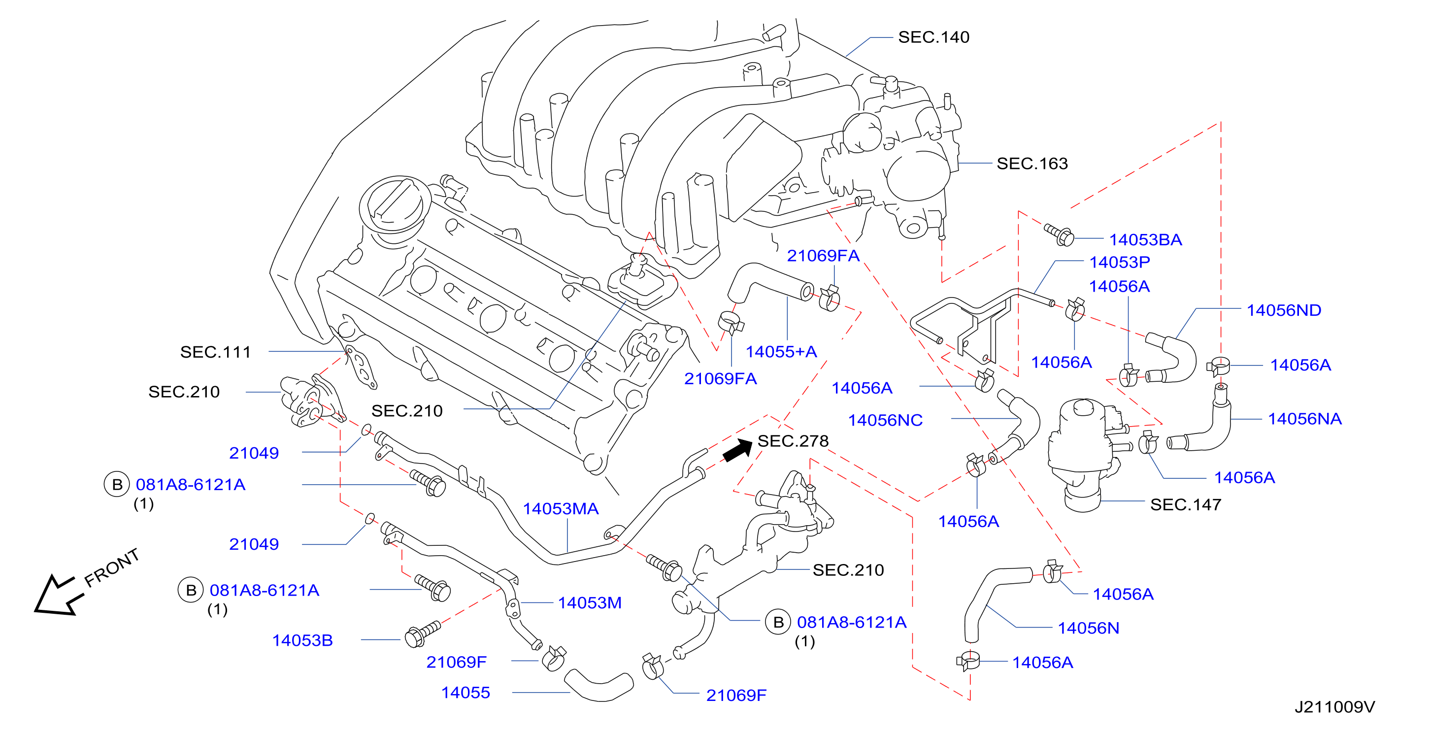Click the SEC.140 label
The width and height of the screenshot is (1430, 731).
[934, 37]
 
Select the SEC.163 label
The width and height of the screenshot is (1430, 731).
[1032, 164]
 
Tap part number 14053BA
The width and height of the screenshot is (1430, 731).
[1145, 240]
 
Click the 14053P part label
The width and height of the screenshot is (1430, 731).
[1120, 262]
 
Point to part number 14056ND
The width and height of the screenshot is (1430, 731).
[1284, 310]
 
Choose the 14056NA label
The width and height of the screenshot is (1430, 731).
[1304, 419]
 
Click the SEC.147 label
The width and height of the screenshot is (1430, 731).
[1186, 504]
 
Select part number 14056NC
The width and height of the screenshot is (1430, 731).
[885, 420]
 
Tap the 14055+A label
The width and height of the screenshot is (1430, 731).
[781, 351]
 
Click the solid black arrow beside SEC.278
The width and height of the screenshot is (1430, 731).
[738, 450]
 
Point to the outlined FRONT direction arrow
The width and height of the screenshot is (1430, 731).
[57, 596]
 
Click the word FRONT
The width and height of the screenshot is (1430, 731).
[112, 567]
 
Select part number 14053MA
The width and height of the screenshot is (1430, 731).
[561, 508]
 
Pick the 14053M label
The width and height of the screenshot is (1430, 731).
[590, 603]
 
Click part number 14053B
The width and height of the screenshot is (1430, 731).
[302, 640]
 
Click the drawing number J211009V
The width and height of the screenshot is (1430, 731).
[1335, 707]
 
